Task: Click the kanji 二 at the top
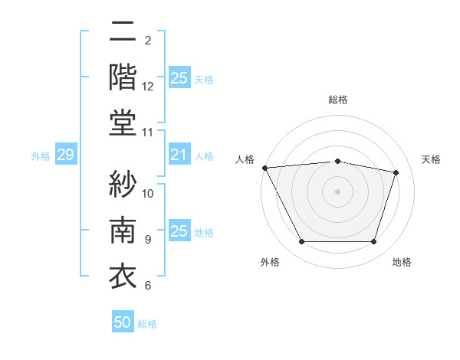point(123,34)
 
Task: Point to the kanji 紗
point(123,184)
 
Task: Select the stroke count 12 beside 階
point(148,87)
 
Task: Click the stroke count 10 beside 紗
point(148,193)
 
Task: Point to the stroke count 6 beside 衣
point(148,286)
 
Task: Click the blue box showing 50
point(123,322)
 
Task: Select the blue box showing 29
point(65,155)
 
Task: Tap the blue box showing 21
point(179,155)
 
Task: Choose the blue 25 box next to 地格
point(179,231)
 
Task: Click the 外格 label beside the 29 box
point(41,156)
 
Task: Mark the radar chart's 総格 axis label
point(337,100)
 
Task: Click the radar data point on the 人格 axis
point(265,168)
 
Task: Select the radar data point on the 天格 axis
point(396,172)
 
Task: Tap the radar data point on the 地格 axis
point(374,242)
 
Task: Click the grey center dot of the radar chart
point(337,191)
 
